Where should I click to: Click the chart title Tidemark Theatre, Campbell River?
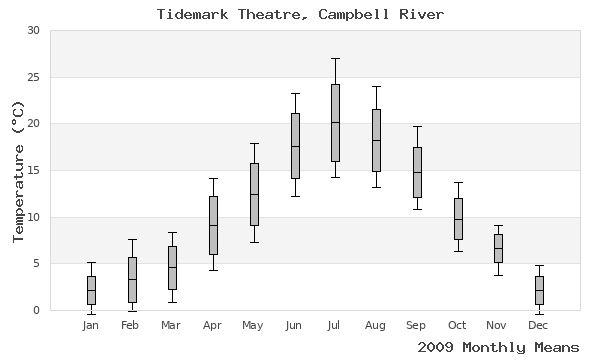click(300, 14)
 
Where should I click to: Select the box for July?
click(335, 123)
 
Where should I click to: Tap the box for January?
click(91, 290)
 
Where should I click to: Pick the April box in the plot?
click(213, 225)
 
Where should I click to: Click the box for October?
click(458, 219)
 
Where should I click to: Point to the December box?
click(539, 290)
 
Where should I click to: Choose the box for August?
click(376, 140)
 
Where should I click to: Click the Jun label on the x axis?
click(294, 325)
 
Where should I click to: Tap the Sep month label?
click(417, 325)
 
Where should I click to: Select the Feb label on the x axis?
click(131, 325)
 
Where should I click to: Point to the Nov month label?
click(498, 325)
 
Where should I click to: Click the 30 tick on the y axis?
click(33, 31)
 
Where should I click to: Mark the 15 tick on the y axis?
click(33, 171)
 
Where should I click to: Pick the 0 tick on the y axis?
click(37, 311)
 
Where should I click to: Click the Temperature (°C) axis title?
click(17, 171)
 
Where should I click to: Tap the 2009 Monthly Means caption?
click(498, 347)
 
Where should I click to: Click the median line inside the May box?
click(254, 194)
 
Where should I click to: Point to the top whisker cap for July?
click(335, 58)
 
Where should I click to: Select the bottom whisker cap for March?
click(172, 302)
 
